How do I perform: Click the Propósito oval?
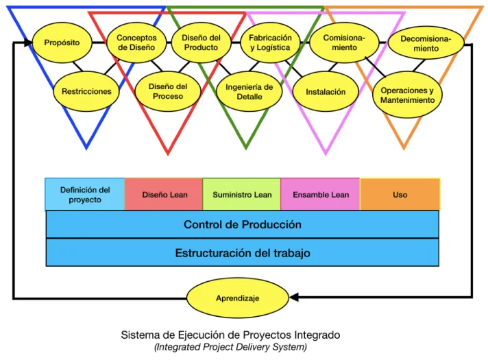point(62,43)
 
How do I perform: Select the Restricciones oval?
point(86,91)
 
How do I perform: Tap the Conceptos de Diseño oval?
point(136,43)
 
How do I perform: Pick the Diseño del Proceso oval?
point(169,92)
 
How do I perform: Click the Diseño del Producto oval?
point(202,43)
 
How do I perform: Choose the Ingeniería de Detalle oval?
point(249,92)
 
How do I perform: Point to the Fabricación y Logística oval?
point(270,43)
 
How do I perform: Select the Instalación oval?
point(326,92)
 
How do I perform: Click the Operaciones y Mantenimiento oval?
point(407,95)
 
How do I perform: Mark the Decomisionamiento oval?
point(426,44)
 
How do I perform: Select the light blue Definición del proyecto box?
point(85,195)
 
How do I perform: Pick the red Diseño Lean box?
point(164,195)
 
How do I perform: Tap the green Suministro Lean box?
point(242,195)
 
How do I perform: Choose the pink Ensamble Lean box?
point(320,195)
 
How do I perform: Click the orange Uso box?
point(400,195)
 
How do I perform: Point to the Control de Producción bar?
point(242,224)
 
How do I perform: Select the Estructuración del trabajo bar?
point(242,252)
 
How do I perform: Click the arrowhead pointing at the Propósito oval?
point(27,43)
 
